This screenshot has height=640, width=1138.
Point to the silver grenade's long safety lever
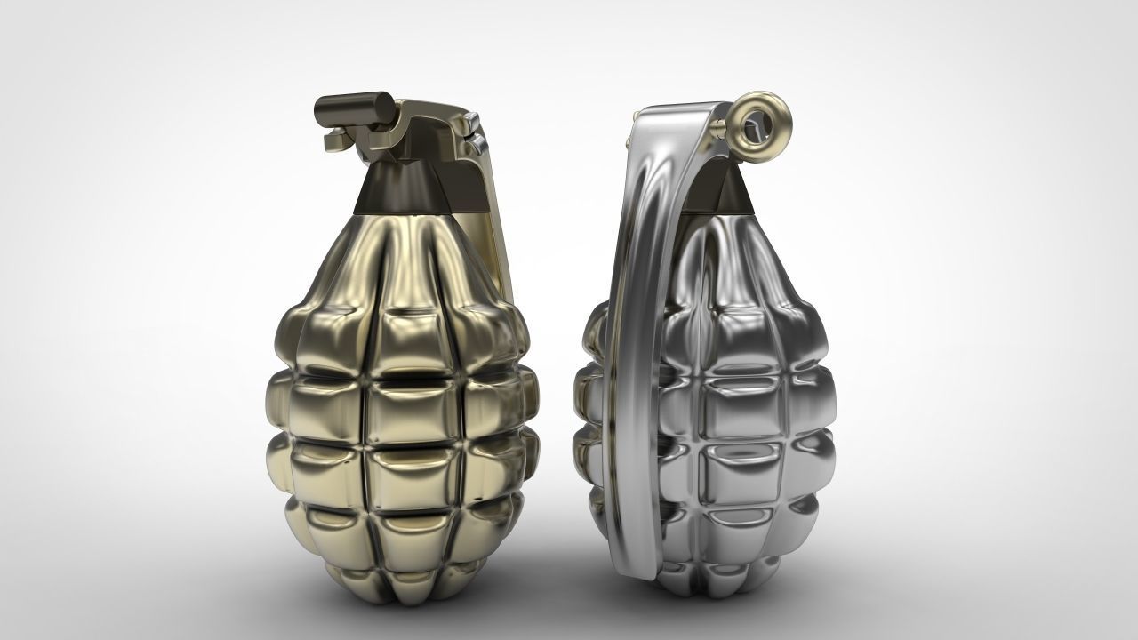click(633, 356)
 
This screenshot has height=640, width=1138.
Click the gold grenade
click(400, 400)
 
